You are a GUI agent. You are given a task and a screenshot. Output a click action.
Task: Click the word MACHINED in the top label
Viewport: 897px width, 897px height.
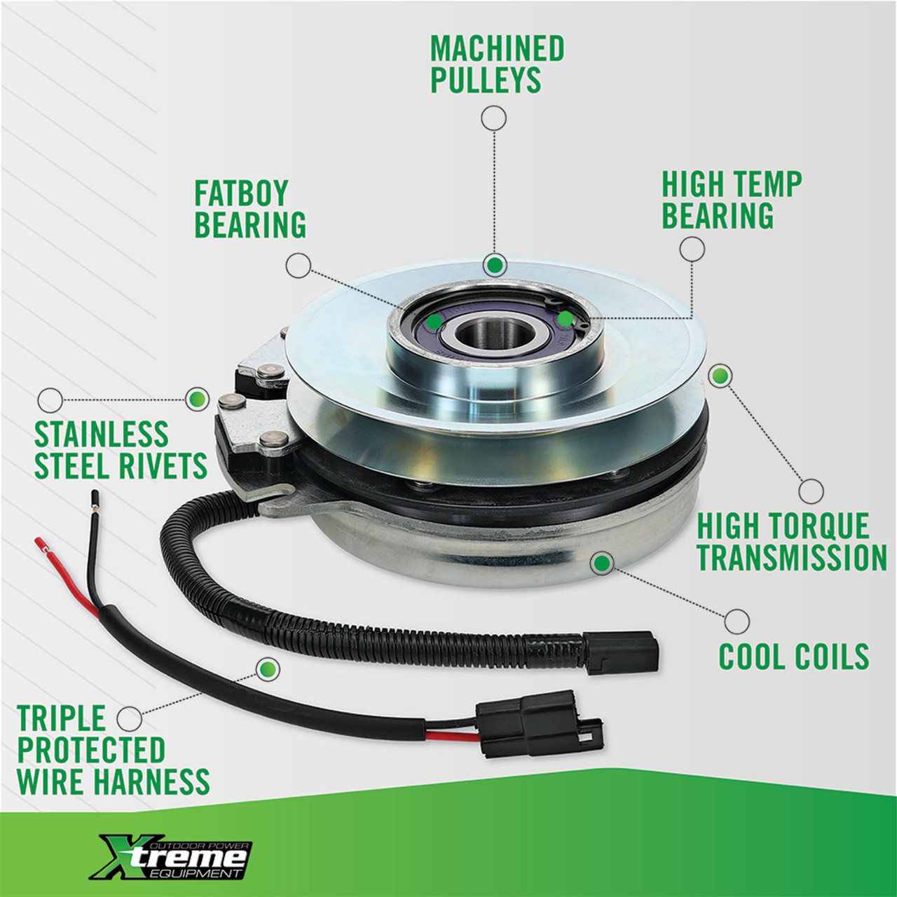497,48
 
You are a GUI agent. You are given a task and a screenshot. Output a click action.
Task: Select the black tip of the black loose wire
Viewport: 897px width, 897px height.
96,498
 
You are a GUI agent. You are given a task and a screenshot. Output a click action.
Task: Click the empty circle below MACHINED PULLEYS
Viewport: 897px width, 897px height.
493,118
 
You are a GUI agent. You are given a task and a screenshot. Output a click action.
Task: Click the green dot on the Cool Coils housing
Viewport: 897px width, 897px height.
602,563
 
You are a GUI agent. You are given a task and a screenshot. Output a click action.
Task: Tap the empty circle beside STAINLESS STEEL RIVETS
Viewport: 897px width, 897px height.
50,399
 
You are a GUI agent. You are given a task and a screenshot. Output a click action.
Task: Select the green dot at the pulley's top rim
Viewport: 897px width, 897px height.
494,265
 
